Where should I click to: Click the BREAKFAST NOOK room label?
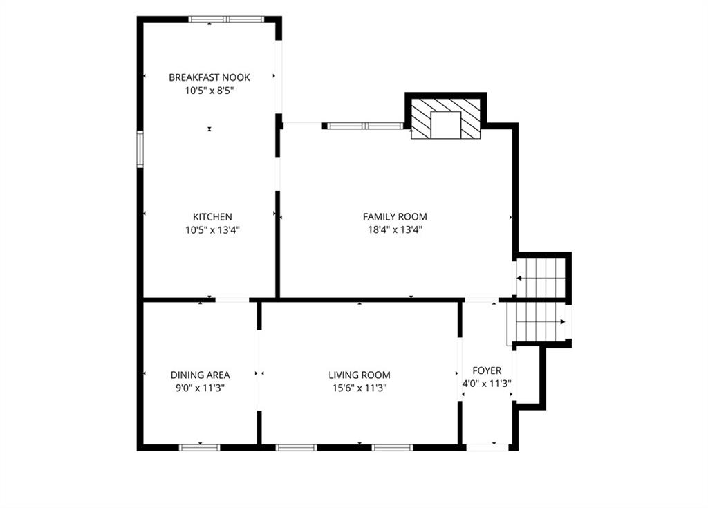[x=209, y=77]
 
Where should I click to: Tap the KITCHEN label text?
[x=212, y=217]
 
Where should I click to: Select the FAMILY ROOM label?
[x=395, y=217]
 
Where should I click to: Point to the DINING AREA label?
[x=200, y=375]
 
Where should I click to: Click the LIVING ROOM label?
[x=360, y=375]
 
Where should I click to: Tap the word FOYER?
[x=487, y=370]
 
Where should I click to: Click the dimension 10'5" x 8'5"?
[x=209, y=91]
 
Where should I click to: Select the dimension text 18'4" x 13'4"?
[x=395, y=230]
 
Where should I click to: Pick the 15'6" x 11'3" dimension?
[x=360, y=388]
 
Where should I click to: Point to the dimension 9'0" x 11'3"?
[x=200, y=388]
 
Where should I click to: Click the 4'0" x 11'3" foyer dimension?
[x=487, y=384]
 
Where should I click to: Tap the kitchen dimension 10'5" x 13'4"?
[x=212, y=230]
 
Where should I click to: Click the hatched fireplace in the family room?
[x=446, y=119]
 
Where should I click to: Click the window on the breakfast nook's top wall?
[x=226, y=19]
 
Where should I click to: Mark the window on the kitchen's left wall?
[x=140, y=149]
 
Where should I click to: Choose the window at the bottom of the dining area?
[x=200, y=447]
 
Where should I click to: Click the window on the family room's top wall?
[x=365, y=126]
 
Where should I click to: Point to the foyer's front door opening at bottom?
[x=487, y=447]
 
